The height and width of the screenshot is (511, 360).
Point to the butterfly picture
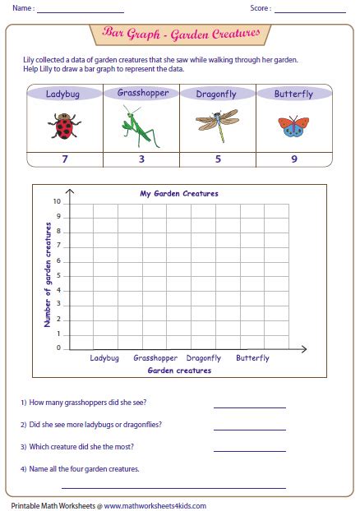point(293,126)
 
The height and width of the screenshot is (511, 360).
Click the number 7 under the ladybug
point(65,159)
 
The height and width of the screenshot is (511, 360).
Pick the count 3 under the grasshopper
point(141,159)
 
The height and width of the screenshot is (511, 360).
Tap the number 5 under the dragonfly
point(218,159)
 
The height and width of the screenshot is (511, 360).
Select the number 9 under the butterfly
point(293,159)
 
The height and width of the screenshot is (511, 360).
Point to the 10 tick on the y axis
point(56,202)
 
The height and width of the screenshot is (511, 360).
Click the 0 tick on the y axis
point(58,348)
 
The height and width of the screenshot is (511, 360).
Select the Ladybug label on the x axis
point(104,358)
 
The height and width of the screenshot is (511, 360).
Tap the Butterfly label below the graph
point(252,358)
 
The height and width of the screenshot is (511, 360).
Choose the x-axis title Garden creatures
point(179,371)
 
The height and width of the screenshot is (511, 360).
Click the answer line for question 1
point(249,405)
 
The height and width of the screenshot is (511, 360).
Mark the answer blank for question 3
point(249,449)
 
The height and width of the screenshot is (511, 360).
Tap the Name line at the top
point(80,11)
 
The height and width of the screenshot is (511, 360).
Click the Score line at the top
point(310,11)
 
